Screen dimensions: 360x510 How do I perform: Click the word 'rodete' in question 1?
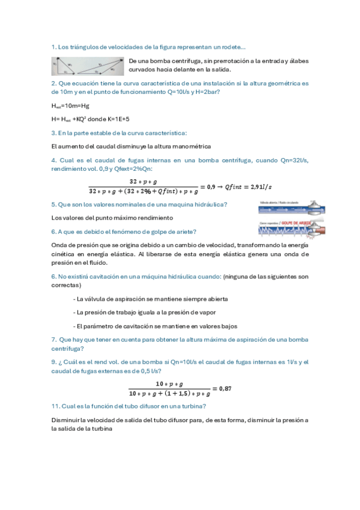coord(231,47)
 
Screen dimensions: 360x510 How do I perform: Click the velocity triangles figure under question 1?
coord(88,65)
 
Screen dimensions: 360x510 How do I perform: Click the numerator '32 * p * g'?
coord(143,181)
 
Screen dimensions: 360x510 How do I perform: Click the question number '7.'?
coord(54,340)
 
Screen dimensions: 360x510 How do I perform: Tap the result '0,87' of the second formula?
coord(224,389)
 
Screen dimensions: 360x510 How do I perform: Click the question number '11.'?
coord(55,407)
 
